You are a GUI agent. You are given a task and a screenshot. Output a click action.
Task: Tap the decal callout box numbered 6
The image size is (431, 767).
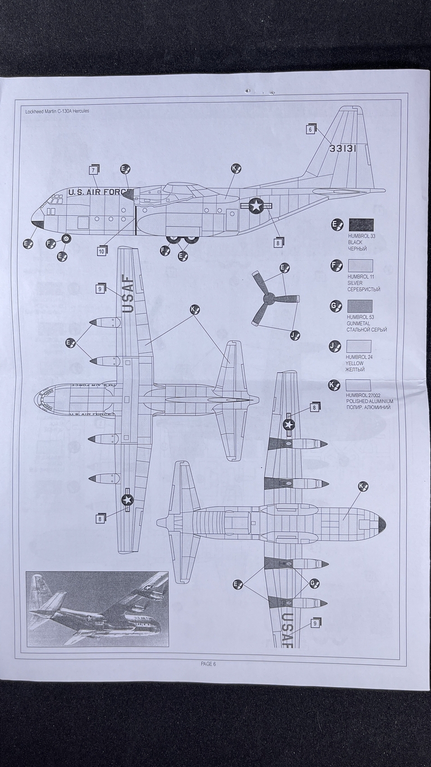tap(309, 129)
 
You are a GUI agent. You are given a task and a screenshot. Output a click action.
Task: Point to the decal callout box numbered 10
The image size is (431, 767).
tap(101, 251)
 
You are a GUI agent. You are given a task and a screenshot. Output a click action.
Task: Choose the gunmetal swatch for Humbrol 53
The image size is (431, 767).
tap(359, 306)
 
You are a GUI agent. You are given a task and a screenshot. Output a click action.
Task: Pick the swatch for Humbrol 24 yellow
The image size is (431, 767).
tap(359, 346)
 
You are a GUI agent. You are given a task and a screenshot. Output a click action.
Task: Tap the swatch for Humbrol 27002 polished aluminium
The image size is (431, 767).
tap(359, 385)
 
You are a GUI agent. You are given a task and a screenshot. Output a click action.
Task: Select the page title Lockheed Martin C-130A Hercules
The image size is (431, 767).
tap(57, 111)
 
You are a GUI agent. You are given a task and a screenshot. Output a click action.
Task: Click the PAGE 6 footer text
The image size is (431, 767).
tap(208, 664)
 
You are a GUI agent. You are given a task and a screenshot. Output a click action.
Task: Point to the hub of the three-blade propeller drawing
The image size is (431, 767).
tap(268, 298)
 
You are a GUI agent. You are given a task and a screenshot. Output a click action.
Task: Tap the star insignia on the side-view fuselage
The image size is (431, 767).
tap(256, 206)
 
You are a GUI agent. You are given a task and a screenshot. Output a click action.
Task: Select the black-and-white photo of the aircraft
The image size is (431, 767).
tap(97, 609)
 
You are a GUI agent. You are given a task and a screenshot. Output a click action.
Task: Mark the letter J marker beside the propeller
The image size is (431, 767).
tap(295, 335)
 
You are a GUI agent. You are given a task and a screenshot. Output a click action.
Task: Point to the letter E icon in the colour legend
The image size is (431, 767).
tap(336, 225)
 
